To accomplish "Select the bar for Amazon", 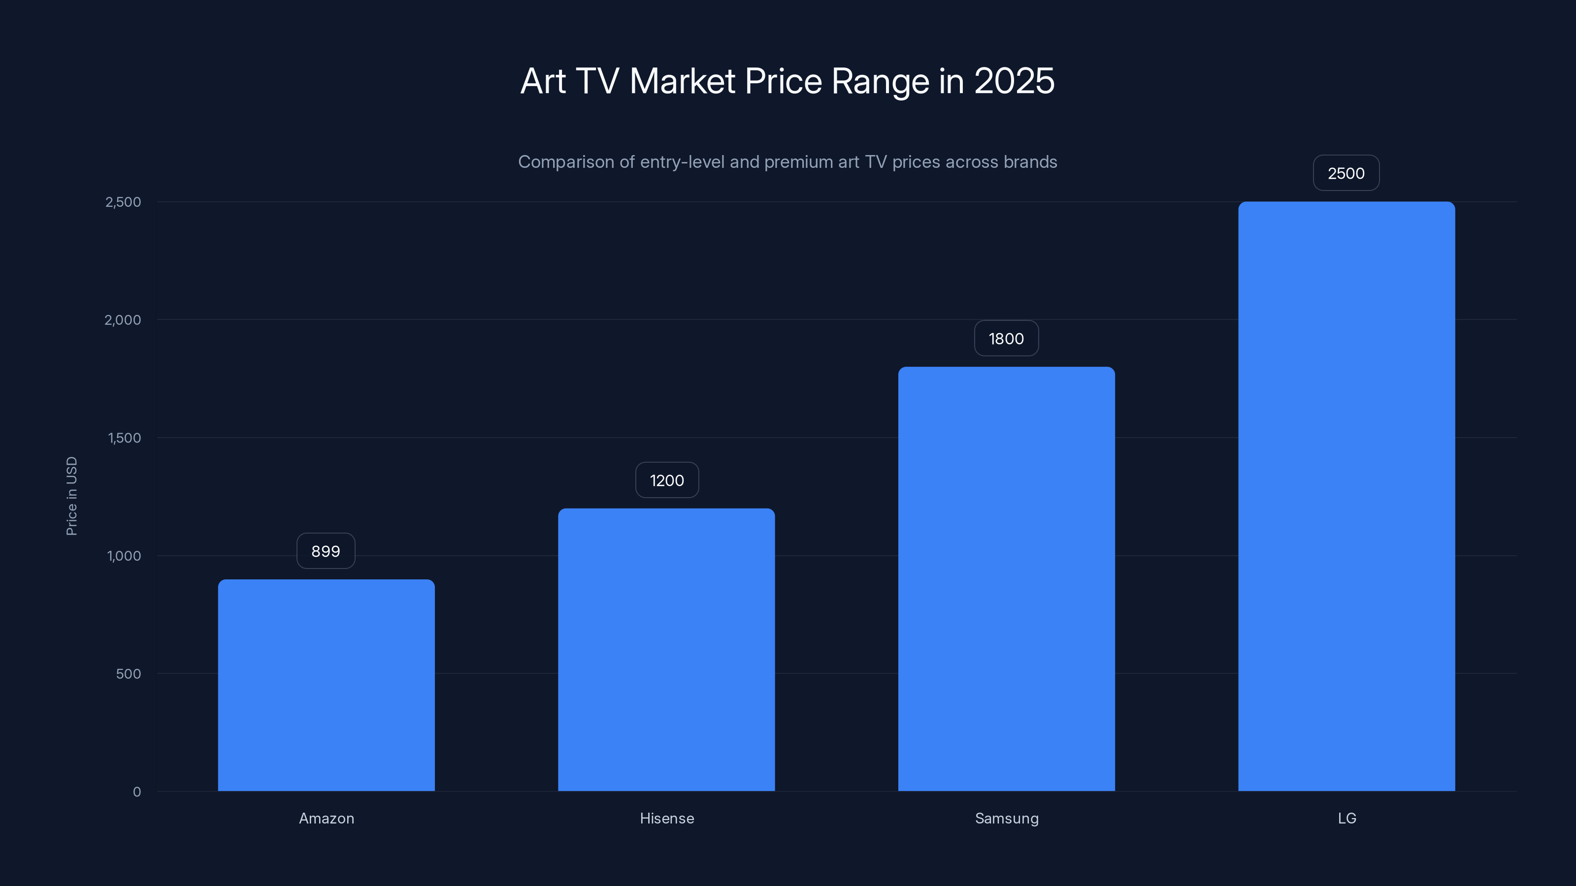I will coord(326,685).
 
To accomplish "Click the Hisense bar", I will coord(666,649).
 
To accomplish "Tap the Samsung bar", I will coord(1006,578).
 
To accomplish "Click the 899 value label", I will coord(326,551).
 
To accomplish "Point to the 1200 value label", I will coord(667,480).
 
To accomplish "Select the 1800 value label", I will coord(1006,338).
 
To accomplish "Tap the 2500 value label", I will coord(1346,173).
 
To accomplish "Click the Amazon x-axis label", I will coord(326,818).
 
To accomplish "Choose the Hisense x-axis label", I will coord(667,818).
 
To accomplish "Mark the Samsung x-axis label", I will coord(1006,818).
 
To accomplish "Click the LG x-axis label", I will coord(1346,818).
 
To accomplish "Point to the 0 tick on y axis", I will coord(136,792).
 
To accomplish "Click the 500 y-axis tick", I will coord(129,674).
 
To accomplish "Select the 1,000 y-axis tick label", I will coord(124,556).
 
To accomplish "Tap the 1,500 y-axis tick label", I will coord(124,438).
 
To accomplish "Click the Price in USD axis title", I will coord(71,496).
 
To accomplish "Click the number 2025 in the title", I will coord(1014,81).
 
